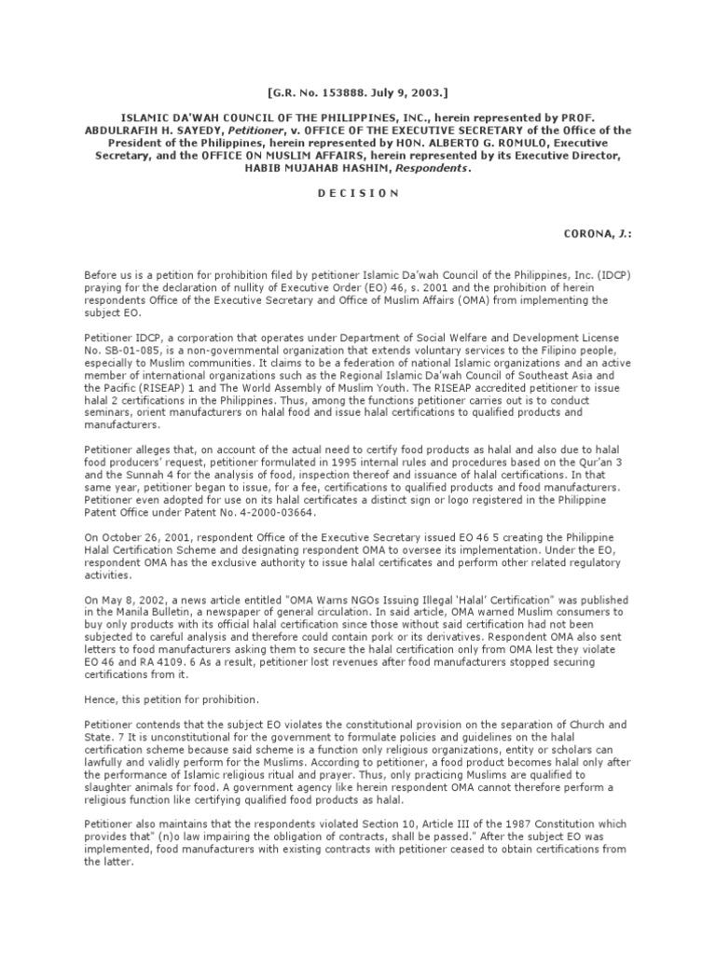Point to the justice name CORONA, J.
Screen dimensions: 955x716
[x=577, y=232]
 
